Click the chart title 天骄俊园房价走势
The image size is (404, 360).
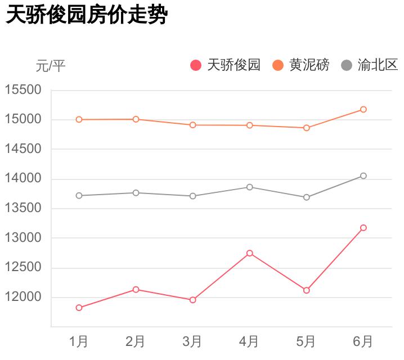[87, 15]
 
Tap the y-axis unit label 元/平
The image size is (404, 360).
[51, 66]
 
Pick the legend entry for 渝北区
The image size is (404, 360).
[371, 65]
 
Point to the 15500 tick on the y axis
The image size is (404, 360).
[23, 90]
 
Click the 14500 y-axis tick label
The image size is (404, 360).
[23, 149]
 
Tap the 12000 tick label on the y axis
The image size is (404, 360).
[23, 297]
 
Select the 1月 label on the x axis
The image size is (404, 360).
[79, 341]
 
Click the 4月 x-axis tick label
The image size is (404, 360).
[249, 341]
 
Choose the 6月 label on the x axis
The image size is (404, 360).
[363, 341]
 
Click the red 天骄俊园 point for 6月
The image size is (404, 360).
[363, 228]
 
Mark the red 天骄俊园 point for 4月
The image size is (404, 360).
[249, 253]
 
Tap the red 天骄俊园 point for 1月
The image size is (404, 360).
[79, 308]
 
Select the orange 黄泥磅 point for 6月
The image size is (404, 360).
[363, 109]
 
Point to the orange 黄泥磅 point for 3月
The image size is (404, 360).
[192, 125]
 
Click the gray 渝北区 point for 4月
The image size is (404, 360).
[249, 187]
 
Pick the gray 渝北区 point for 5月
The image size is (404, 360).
[307, 197]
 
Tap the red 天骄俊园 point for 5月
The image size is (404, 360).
[307, 290]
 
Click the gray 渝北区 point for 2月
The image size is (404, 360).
[136, 193]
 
